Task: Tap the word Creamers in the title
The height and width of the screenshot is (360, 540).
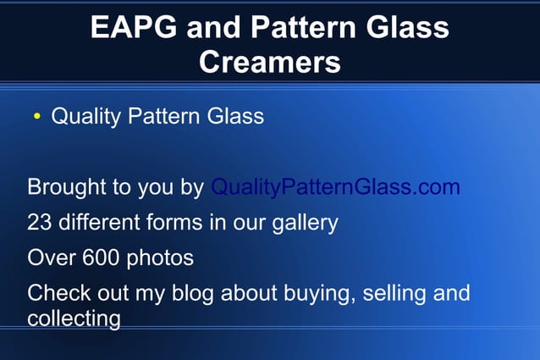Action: (270, 62)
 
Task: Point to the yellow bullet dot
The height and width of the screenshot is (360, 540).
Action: (36, 117)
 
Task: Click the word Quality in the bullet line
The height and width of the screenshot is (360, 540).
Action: (86, 116)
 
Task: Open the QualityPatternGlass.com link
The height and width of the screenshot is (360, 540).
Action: (335, 187)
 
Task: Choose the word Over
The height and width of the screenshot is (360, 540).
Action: (49, 258)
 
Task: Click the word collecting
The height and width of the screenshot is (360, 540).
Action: (74, 320)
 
